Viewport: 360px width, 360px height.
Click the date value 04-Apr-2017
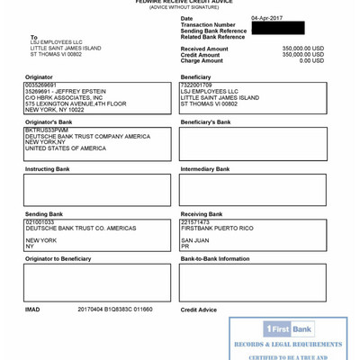click(268, 18)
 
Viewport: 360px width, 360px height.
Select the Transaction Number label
click(208, 25)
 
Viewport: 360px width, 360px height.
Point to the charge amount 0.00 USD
click(311, 60)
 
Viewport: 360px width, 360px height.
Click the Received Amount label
click(204, 49)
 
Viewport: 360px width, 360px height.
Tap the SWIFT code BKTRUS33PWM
click(46, 130)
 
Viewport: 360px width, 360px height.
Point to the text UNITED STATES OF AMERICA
click(65, 148)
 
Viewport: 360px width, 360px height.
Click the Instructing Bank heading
click(47, 169)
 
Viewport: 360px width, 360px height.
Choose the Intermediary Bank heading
click(204, 169)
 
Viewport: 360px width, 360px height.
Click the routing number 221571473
click(195, 221)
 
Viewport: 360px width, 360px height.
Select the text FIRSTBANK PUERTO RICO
click(217, 228)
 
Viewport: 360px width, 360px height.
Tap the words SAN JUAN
click(195, 240)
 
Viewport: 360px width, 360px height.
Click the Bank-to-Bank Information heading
click(215, 259)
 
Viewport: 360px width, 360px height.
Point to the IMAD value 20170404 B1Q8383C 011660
click(115, 309)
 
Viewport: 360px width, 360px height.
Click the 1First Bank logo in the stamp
click(288, 329)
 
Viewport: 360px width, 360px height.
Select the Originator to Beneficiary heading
click(58, 259)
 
